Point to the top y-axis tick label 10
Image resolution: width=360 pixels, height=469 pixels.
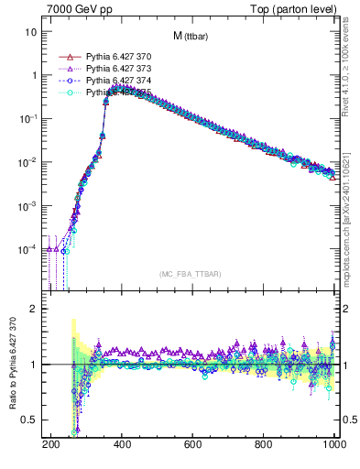(31, 32)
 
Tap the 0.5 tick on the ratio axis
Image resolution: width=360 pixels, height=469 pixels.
(29, 420)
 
